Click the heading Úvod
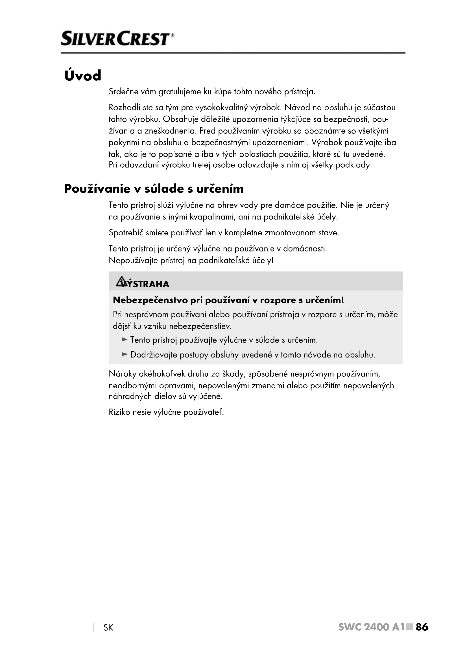(x=83, y=75)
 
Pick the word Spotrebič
(x=126, y=233)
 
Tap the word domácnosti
(x=305, y=248)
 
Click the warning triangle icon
(x=121, y=282)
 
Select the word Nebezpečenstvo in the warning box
(x=150, y=300)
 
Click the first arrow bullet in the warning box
(x=125, y=339)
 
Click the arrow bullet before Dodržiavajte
(x=125, y=354)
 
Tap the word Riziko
(x=119, y=412)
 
